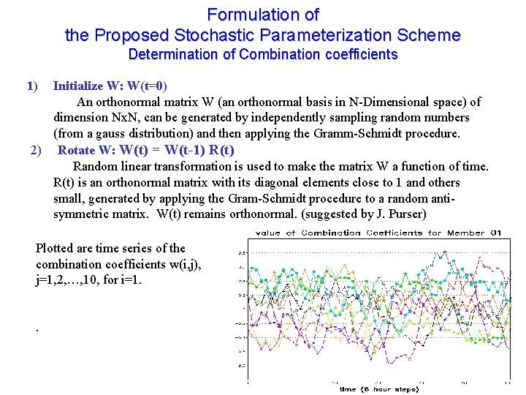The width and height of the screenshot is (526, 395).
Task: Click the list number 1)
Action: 31,86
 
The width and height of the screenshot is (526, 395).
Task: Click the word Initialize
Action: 78,86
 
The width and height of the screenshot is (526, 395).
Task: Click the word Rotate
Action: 76,151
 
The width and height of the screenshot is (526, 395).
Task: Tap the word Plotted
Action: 56,248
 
